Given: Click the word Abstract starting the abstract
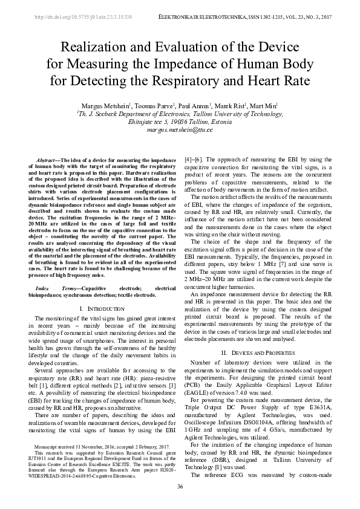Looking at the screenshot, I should point(51,159).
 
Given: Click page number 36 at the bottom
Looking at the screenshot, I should point(180,487).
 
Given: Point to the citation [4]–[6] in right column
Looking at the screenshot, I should point(194,159).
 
